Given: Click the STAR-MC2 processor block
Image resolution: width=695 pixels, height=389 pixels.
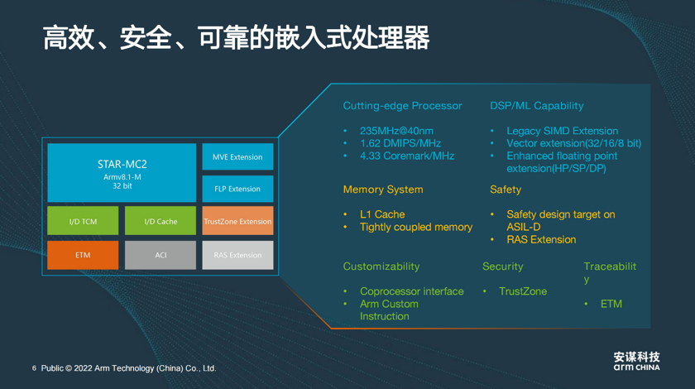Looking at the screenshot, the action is pyautogui.click(x=122, y=172).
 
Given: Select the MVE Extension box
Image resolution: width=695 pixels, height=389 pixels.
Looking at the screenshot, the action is pyautogui.click(x=237, y=156).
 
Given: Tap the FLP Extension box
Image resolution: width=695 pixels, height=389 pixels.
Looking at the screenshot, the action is pyautogui.click(x=237, y=189).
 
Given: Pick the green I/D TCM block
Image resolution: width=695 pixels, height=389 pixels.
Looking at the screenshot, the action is pyautogui.click(x=83, y=220).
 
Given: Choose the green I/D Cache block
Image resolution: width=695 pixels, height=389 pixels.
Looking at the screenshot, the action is pyautogui.click(x=161, y=220).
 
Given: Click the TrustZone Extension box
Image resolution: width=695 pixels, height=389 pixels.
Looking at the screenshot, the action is pyautogui.click(x=237, y=220).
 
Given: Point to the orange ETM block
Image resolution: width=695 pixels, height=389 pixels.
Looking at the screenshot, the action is pyautogui.click(x=83, y=255).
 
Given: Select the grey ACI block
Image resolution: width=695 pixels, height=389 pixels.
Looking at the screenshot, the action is pyautogui.click(x=161, y=255).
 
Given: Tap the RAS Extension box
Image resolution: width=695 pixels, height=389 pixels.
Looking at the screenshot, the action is pyautogui.click(x=237, y=255).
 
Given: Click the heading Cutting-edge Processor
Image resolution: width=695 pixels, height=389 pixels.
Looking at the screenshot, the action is pyautogui.click(x=402, y=106).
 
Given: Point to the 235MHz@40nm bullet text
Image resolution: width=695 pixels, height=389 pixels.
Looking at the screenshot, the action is pyautogui.click(x=396, y=131).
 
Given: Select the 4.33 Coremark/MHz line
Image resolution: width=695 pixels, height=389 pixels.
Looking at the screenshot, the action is pyautogui.click(x=407, y=156).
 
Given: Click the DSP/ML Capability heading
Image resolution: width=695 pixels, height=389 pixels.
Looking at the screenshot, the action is pyautogui.click(x=537, y=106).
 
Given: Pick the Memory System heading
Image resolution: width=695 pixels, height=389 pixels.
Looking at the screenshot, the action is pyautogui.click(x=383, y=190).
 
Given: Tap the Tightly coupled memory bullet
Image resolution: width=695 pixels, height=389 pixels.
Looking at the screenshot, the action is pyautogui.click(x=416, y=227).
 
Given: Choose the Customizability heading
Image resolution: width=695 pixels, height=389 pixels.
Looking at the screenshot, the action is pyautogui.click(x=381, y=267).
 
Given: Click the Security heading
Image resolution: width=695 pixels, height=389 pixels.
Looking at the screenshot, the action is pyautogui.click(x=503, y=267).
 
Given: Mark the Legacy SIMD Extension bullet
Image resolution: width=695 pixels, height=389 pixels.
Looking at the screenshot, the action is pyautogui.click(x=563, y=131).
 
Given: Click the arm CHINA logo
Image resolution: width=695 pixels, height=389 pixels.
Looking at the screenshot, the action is pyautogui.click(x=636, y=361).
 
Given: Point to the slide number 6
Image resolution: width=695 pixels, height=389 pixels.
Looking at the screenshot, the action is pyautogui.click(x=34, y=368).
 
